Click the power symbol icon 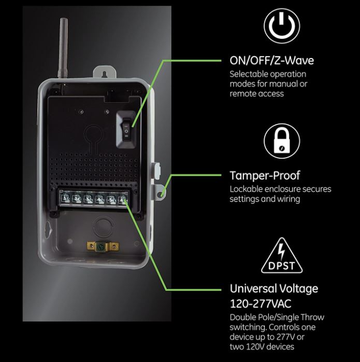point(282,26)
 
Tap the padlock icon point(282,141)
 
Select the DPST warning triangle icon point(282,256)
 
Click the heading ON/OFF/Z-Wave point(271,61)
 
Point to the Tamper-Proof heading point(265,175)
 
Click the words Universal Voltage point(274,288)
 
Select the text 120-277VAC point(261,303)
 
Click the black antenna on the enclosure point(63,48)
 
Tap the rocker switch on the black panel point(126,129)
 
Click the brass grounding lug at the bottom point(103,247)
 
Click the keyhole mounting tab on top point(104,72)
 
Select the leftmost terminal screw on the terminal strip point(65,198)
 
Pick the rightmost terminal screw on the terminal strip point(122,199)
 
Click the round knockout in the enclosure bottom point(104,226)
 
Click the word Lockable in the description point(246,189)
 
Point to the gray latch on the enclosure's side point(156,171)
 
